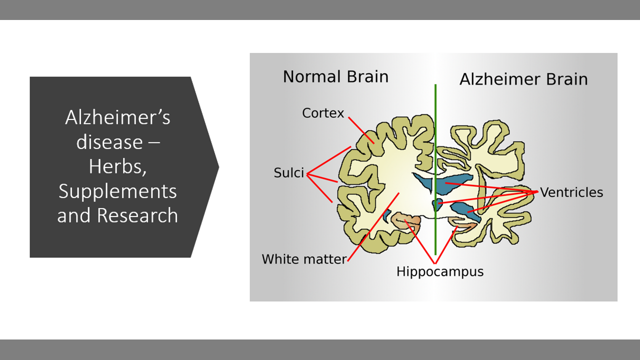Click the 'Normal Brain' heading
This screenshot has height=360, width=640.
(335, 76)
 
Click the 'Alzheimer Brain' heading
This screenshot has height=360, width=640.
(523, 79)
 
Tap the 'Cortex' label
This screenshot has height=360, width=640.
(323, 113)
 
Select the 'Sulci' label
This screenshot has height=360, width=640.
(289, 173)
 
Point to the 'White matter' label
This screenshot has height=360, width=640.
(304, 259)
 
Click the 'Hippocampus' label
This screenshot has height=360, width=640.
(440, 271)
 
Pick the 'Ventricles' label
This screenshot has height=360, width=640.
(571, 192)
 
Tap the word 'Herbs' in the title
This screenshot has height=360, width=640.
(117, 166)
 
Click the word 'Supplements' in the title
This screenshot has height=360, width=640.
(117, 191)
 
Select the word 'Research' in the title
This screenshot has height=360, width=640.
(137, 215)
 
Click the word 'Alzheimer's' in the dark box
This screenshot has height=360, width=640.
(117, 117)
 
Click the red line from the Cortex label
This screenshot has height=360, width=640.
(360, 129)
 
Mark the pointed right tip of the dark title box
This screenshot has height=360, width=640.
(218, 167)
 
